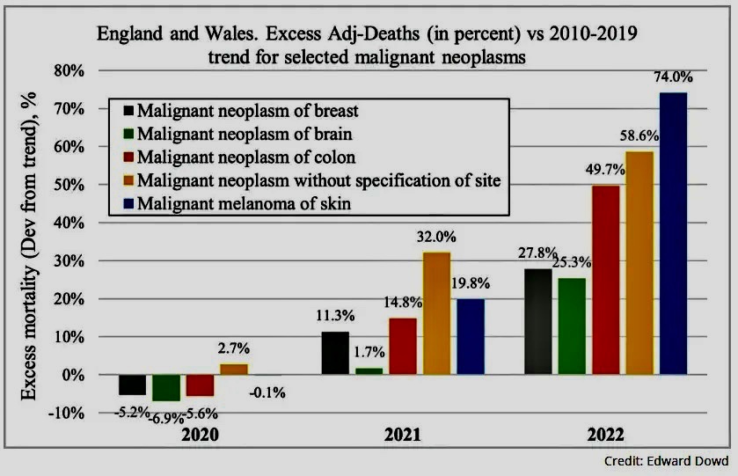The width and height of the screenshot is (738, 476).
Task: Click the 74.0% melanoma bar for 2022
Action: click(x=673, y=233)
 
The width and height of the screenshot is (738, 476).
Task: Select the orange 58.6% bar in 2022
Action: click(x=639, y=262)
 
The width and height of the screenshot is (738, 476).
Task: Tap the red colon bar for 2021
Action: click(x=403, y=346)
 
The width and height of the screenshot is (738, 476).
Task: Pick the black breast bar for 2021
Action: click(x=334, y=353)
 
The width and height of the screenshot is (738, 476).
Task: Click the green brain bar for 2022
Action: click(x=571, y=326)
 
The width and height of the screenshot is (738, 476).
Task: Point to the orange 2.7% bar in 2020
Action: click(x=233, y=370)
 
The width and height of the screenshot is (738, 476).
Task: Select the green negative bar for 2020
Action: click(x=165, y=388)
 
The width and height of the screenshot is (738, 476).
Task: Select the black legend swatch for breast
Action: click(x=129, y=111)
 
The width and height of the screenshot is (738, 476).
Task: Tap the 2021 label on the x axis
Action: click(x=402, y=435)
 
